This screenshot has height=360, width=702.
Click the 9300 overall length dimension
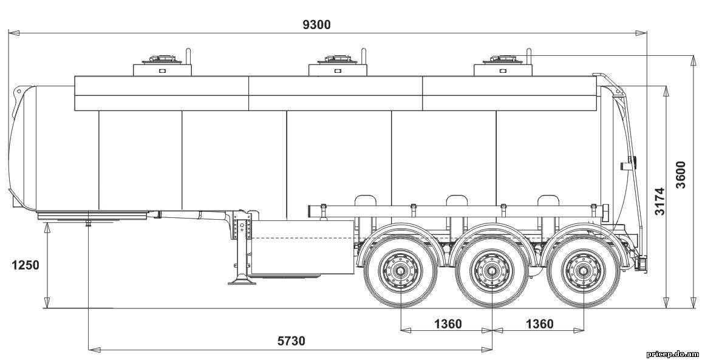316,25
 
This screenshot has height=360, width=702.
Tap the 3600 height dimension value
680,175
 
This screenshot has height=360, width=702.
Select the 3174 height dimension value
659,202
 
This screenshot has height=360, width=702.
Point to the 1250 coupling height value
25,265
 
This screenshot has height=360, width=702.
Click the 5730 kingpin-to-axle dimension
291,341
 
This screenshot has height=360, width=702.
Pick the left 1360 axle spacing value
448,324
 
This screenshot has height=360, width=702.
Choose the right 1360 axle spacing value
539,324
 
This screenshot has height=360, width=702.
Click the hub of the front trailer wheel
400,270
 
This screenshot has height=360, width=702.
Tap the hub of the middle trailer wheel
492,270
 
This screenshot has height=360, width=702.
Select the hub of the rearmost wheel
583,270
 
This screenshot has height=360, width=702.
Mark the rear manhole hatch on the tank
502,59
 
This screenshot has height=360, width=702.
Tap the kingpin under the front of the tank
88,223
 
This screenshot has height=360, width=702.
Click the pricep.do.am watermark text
673,354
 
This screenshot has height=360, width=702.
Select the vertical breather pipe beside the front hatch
188,56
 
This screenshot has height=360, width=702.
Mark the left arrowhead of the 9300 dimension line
13,33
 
